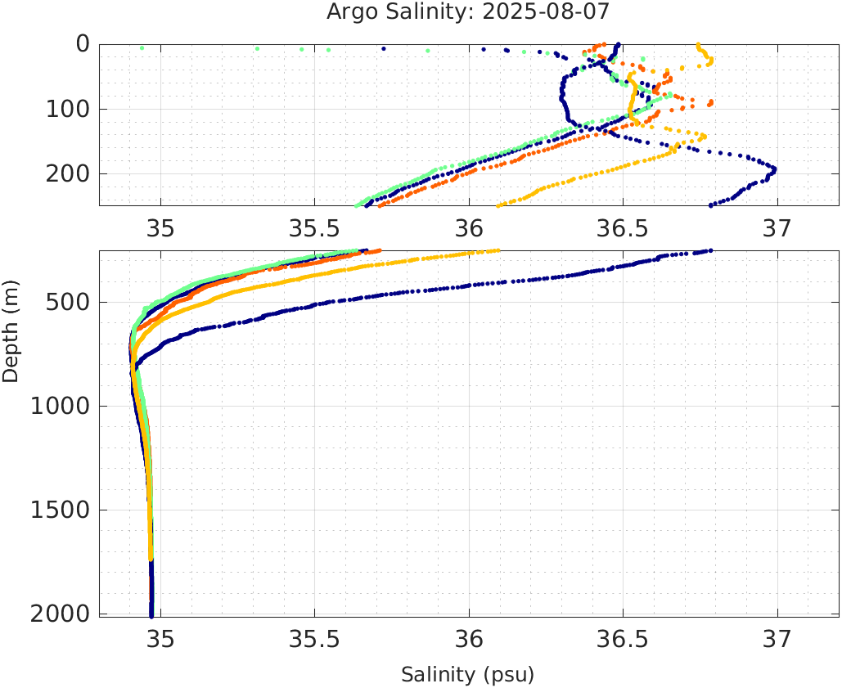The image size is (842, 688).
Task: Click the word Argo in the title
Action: (x=349, y=12)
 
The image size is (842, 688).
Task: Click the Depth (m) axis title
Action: (x=11, y=330)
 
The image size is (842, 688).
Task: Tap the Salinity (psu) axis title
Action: (x=467, y=675)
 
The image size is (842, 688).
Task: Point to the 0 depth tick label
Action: (x=83, y=44)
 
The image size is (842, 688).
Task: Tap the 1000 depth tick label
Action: (x=57, y=407)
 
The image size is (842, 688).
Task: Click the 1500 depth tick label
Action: (x=57, y=510)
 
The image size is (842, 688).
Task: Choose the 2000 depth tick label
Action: (x=57, y=614)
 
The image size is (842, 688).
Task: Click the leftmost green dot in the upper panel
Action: (x=142, y=48)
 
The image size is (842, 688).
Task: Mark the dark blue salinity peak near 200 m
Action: (x=774, y=169)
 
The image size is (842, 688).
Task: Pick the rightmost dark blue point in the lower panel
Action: (x=710, y=250)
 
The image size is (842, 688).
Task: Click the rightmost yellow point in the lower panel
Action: (x=498, y=251)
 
